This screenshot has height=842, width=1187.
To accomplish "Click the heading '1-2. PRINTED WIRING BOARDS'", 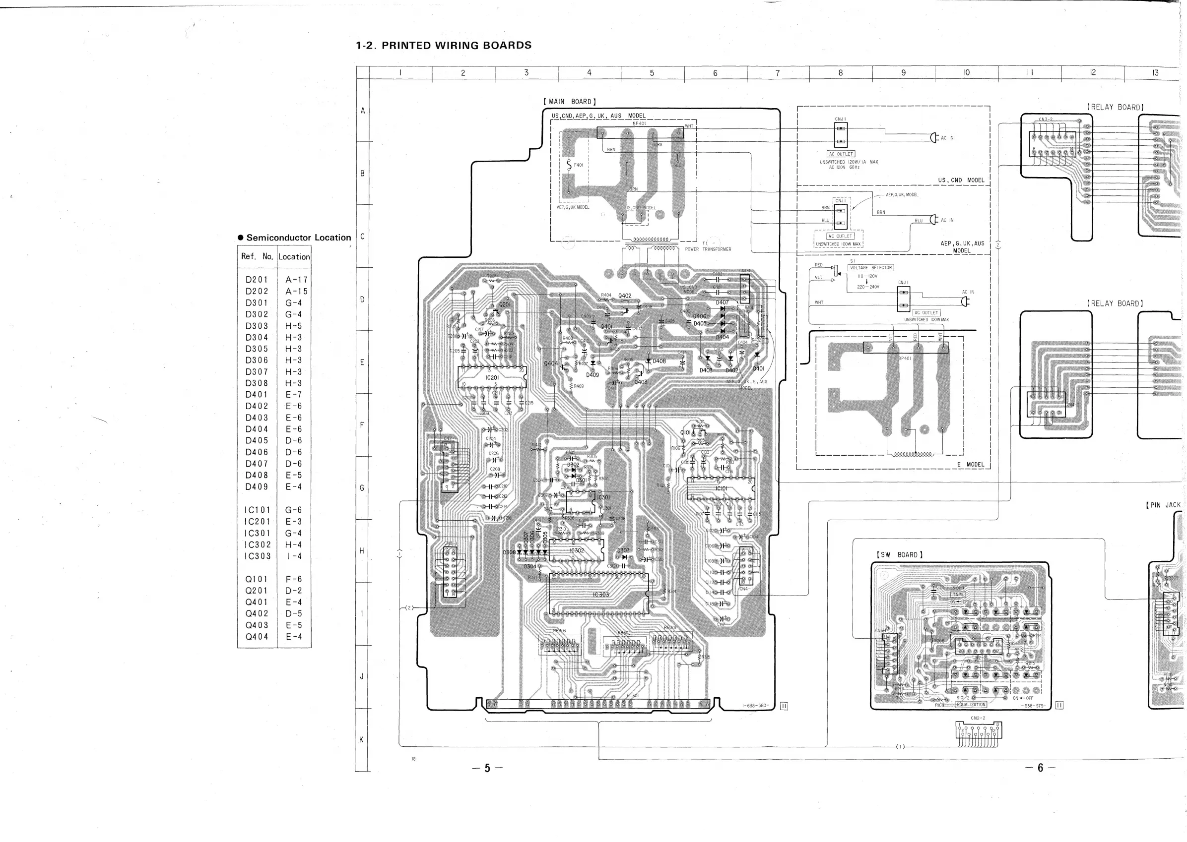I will pyautogui.click(x=444, y=46).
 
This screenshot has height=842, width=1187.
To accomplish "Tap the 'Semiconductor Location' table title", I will pyautogui.click(x=298, y=238).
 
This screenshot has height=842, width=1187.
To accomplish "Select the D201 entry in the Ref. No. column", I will pyautogui.click(x=257, y=280).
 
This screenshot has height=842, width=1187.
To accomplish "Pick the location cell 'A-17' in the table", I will pyautogui.click(x=296, y=280).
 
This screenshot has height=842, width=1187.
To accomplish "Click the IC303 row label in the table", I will pyautogui.click(x=258, y=556).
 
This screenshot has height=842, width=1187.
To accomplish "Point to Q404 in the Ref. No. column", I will pyautogui.click(x=257, y=637).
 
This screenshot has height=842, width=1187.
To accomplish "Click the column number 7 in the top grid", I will pyautogui.click(x=777, y=73).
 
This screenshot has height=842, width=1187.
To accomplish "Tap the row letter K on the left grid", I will pyautogui.click(x=362, y=739).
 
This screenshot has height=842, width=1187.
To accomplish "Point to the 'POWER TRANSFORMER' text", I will pyautogui.click(x=708, y=249).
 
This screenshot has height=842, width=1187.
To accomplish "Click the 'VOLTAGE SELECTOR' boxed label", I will pyautogui.click(x=870, y=268).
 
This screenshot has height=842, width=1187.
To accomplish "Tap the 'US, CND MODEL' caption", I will pyautogui.click(x=961, y=180).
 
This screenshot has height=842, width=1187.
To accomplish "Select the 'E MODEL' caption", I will pyautogui.click(x=970, y=465).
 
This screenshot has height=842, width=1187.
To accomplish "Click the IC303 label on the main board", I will pyautogui.click(x=601, y=595).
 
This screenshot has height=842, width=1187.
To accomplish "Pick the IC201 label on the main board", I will pyautogui.click(x=492, y=378).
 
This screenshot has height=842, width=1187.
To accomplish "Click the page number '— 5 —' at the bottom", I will pyautogui.click(x=487, y=768).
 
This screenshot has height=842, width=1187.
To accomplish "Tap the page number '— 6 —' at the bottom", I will pyautogui.click(x=1040, y=768).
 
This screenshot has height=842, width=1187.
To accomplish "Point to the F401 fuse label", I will pyautogui.click(x=579, y=165).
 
